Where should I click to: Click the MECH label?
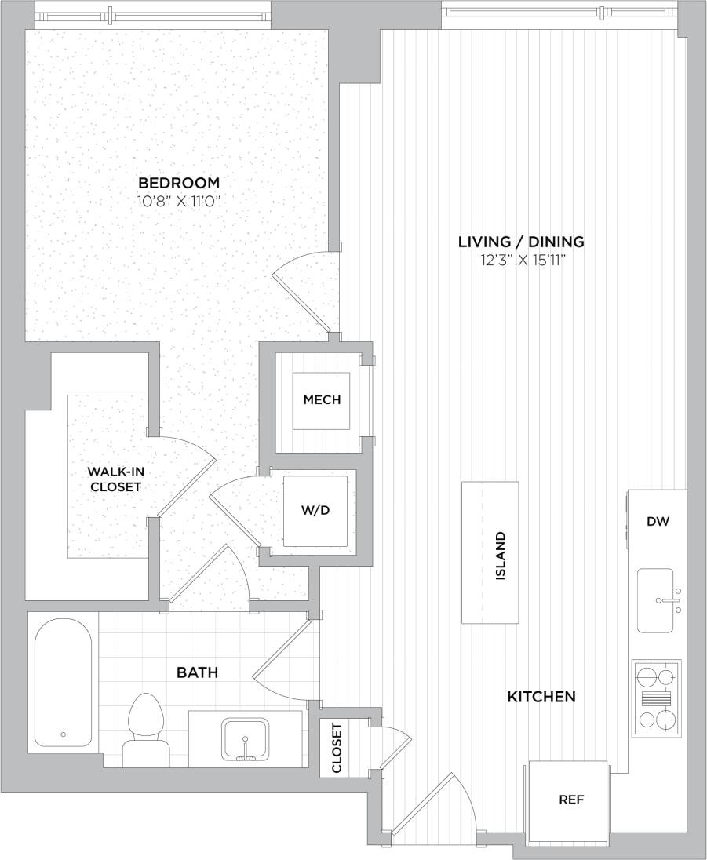[322, 400]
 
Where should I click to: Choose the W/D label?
[315, 511]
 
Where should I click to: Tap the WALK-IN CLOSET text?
[115, 479]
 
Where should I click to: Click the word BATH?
[197, 672]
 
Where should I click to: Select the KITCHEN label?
[541, 696]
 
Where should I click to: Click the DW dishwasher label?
[658, 521]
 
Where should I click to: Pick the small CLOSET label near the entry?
[337, 748]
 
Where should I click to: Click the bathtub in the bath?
[63, 683]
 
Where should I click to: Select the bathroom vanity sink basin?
[246, 739]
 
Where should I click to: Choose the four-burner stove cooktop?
[656, 698]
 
